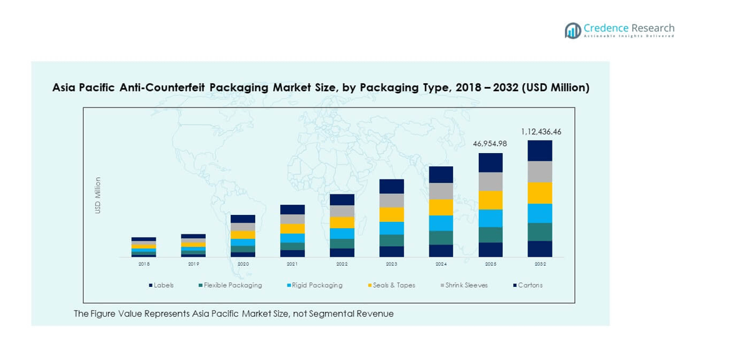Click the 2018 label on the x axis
coord(144,264)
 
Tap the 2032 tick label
coord(539,264)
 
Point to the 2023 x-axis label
coord(391,264)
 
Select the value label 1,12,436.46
coord(541,132)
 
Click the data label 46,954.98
coord(490,144)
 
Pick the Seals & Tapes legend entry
coord(394,286)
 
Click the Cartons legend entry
coord(530,286)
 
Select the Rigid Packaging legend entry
coord(318,286)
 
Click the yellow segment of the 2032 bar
coord(539,192)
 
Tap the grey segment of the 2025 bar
coord(491,181)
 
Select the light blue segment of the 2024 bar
coord(441,223)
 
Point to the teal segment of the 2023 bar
coord(391,240)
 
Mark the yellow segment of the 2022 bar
coord(342,222)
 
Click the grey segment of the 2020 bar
coord(243,227)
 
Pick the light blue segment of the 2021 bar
coord(293,238)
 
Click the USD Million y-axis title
coord(98,196)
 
